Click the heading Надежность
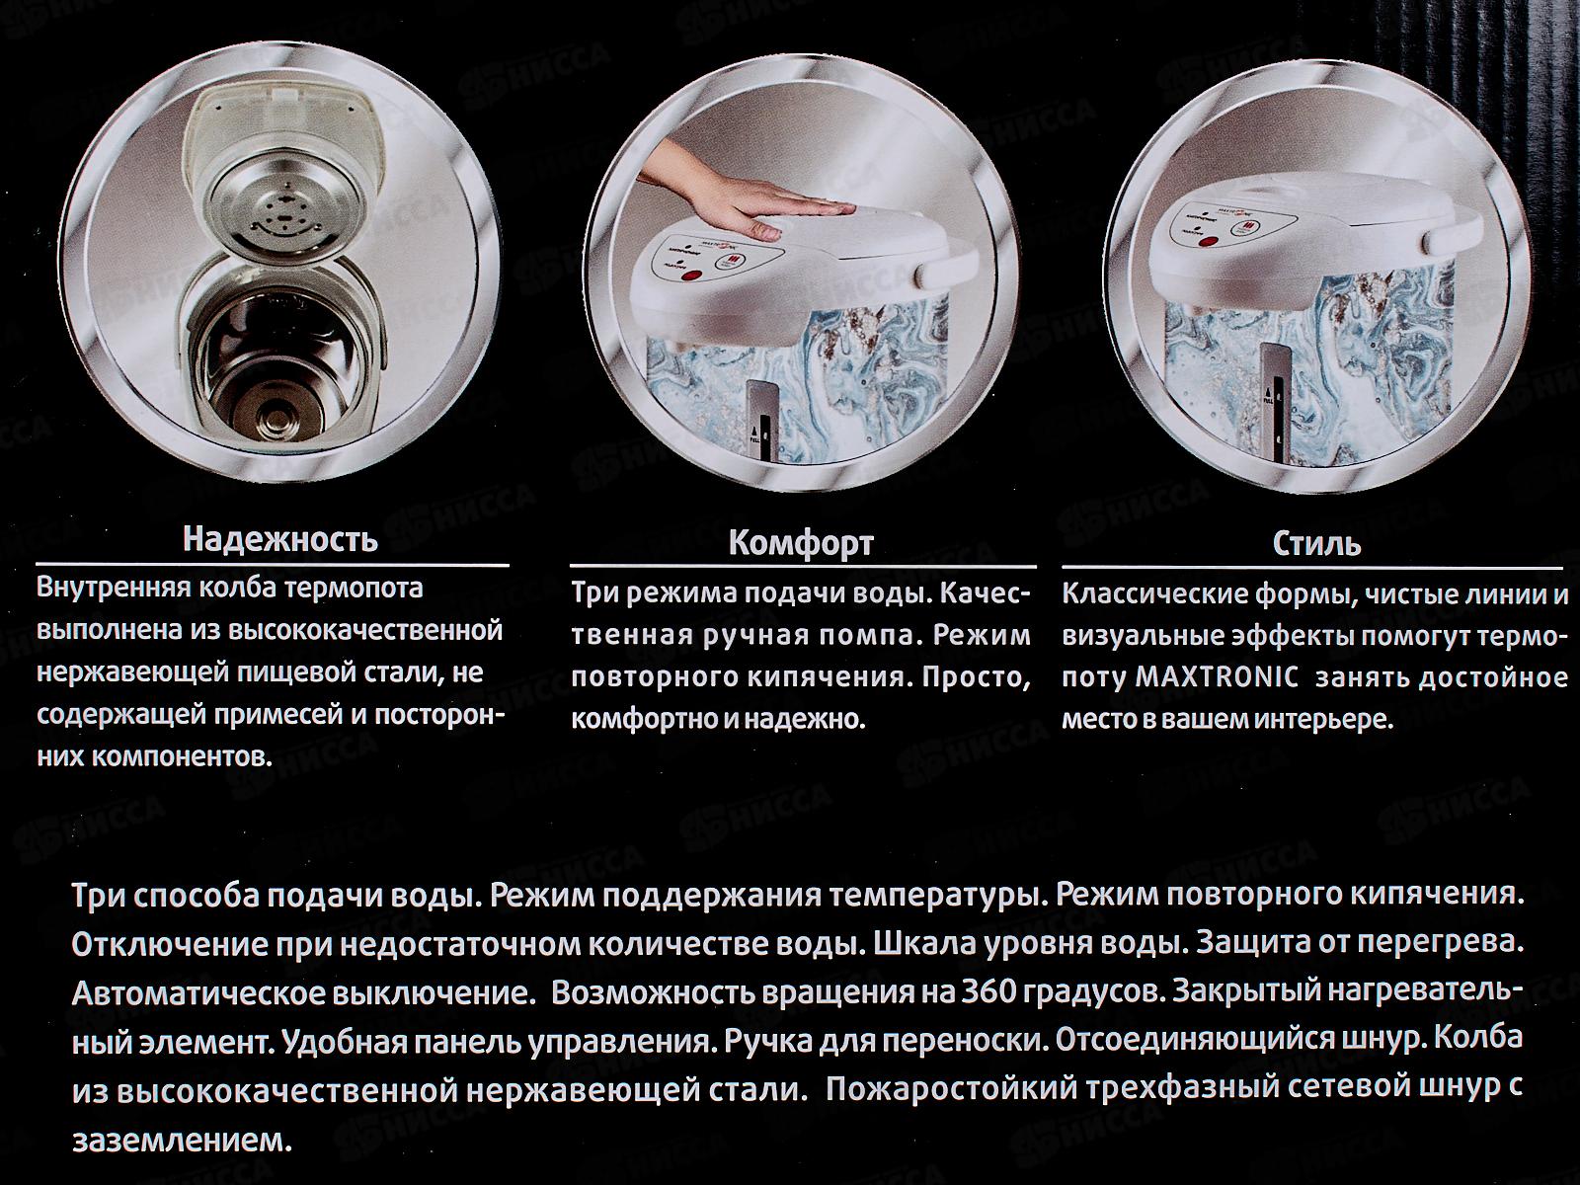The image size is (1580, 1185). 280,539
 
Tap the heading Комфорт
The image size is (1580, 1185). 801,543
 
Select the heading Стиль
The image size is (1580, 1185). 1316,543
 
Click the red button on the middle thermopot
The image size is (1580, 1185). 690,275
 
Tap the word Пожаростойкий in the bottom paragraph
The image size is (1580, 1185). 951,1088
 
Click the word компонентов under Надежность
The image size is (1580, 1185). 155,757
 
